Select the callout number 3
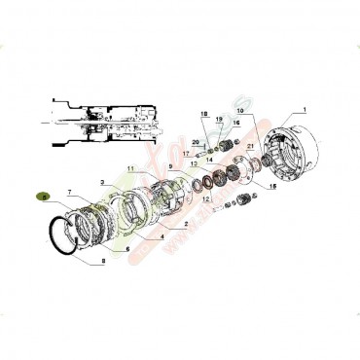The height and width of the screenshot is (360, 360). coord(102,181)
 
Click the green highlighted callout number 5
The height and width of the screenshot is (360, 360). coord(42,196)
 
